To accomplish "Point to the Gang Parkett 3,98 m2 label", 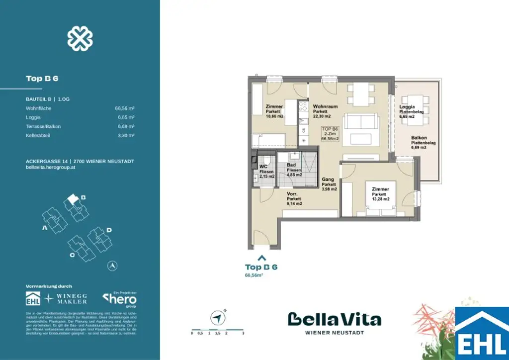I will coord(329,184).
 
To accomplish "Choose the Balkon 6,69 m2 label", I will coord(423,143).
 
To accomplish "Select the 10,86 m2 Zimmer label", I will coord(274,111).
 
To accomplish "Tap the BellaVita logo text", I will coord(335,319).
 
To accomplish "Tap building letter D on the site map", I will coord(109,230).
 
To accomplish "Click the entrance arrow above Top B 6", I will coord(261,258).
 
